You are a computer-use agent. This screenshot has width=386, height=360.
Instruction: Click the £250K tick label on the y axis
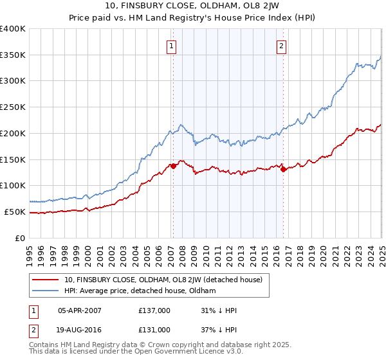click(13, 107)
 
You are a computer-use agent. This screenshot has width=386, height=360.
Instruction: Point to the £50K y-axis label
click(15, 212)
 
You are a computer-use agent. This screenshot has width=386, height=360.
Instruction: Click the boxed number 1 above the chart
click(172, 46)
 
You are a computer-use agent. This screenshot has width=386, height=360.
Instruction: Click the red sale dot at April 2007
click(173, 166)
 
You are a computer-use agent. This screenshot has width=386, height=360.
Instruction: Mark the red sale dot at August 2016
click(283, 169)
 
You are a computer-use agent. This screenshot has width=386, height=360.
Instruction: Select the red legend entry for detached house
click(163, 280)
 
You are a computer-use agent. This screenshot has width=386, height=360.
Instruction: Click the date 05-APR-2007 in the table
click(80, 310)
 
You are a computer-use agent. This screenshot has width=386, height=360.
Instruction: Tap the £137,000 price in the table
click(154, 310)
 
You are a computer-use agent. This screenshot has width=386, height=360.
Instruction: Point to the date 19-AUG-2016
click(80, 330)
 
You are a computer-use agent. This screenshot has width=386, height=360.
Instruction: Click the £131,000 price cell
click(154, 330)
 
